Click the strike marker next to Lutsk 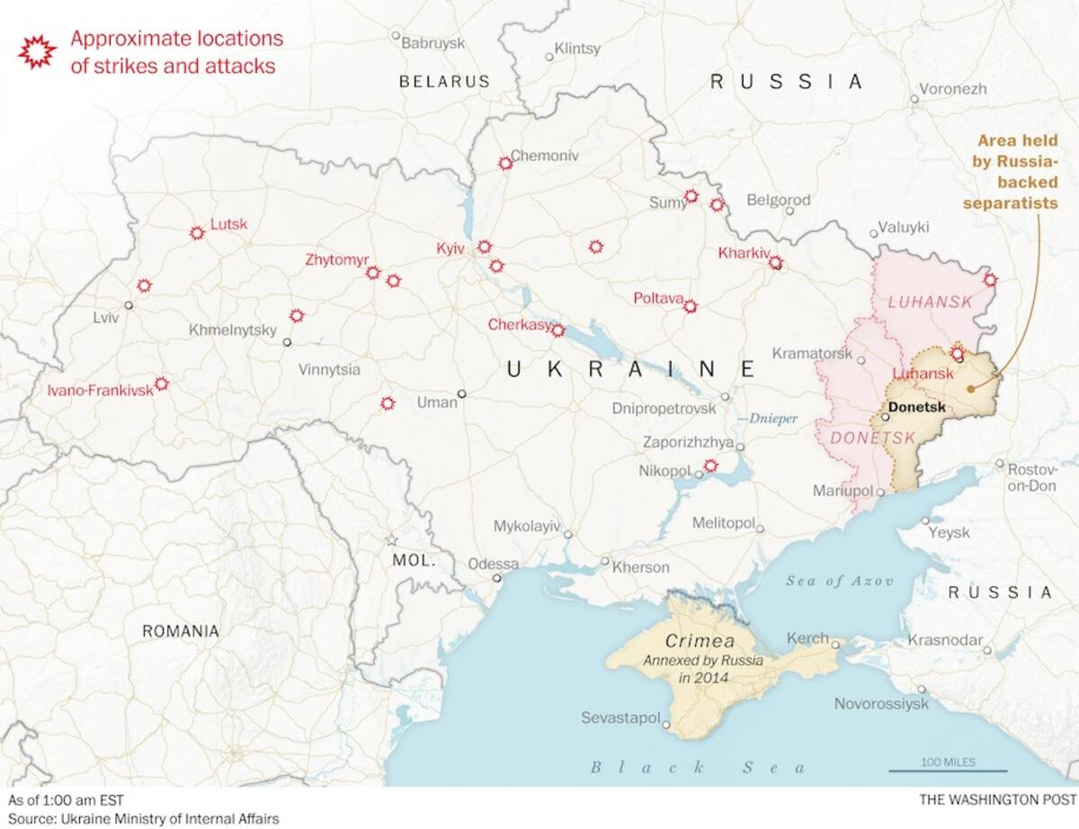197,233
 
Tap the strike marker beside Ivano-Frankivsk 161,384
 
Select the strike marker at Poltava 690,307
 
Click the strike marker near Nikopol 710,466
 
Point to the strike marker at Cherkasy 557,331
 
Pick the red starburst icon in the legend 37,51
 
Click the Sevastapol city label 620,718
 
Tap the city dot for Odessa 496,578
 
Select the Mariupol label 843,491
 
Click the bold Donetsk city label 916,407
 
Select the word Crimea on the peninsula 700,642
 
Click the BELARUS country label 444,81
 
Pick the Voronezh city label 953,89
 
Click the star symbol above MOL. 391,540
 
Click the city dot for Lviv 129,306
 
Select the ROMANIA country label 180,631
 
